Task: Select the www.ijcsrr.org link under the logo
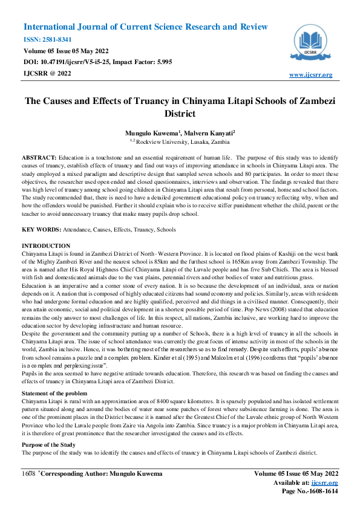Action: tap(311, 74)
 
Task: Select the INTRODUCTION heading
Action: tap(46, 246)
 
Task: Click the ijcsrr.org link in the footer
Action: tap(326, 482)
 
